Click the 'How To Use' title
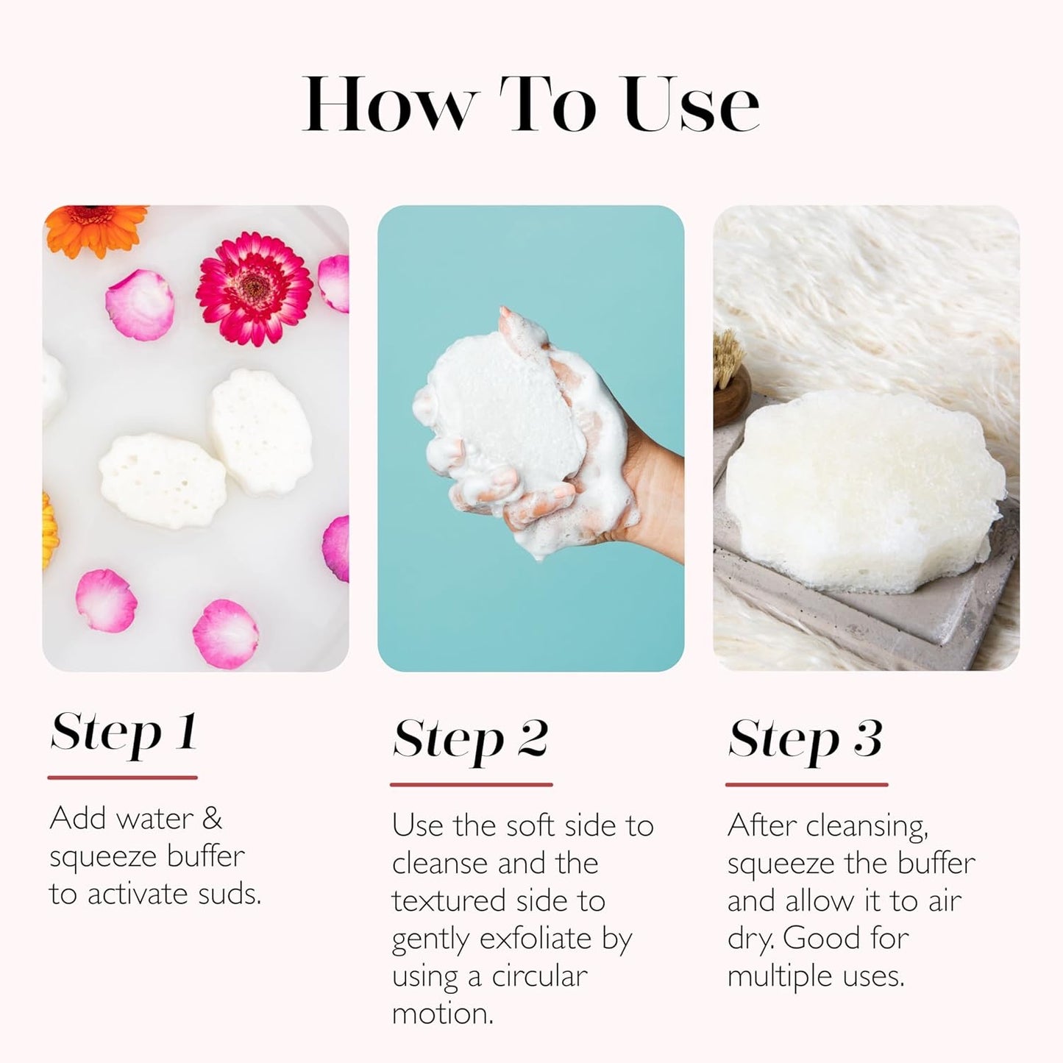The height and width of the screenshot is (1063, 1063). point(530,104)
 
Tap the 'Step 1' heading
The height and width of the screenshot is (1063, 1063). point(124,733)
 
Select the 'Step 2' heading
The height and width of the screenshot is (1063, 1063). point(470,739)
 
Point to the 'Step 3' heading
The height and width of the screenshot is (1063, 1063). point(805,739)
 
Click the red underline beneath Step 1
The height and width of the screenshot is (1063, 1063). point(122,778)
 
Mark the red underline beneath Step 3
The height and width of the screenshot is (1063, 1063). point(806,784)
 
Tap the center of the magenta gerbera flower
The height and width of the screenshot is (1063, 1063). point(255,288)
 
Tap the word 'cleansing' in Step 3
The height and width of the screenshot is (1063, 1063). point(867,827)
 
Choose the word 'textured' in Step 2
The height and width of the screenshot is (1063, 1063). point(449,901)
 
